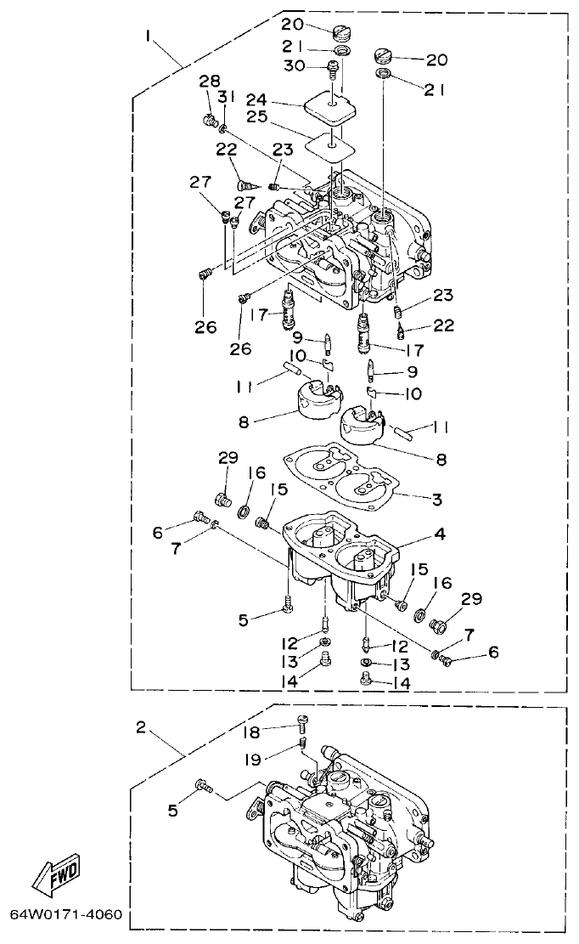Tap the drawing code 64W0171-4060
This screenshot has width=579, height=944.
[x=66, y=916]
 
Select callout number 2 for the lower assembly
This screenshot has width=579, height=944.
[x=141, y=727]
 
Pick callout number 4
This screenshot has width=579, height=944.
[x=439, y=535]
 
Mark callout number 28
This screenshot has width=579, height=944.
[x=209, y=81]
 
